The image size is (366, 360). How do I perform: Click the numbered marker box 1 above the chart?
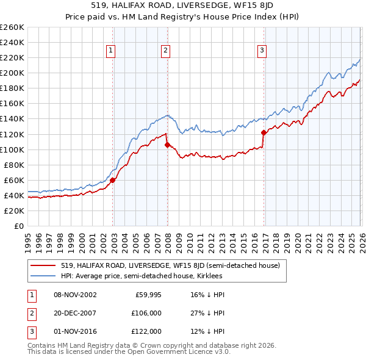[111, 51]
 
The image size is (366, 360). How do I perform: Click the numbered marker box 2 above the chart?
[165, 51]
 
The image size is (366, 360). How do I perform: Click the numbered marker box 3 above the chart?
[262, 51]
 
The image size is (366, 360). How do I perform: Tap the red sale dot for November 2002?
[113, 180]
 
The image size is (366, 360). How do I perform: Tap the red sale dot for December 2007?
[167, 145]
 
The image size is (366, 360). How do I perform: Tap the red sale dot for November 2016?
[264, 132]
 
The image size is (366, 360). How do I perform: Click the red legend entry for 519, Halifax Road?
[170, 265]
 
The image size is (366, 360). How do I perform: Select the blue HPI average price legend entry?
[141, 276]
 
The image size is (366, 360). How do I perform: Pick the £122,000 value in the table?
[146, 331]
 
